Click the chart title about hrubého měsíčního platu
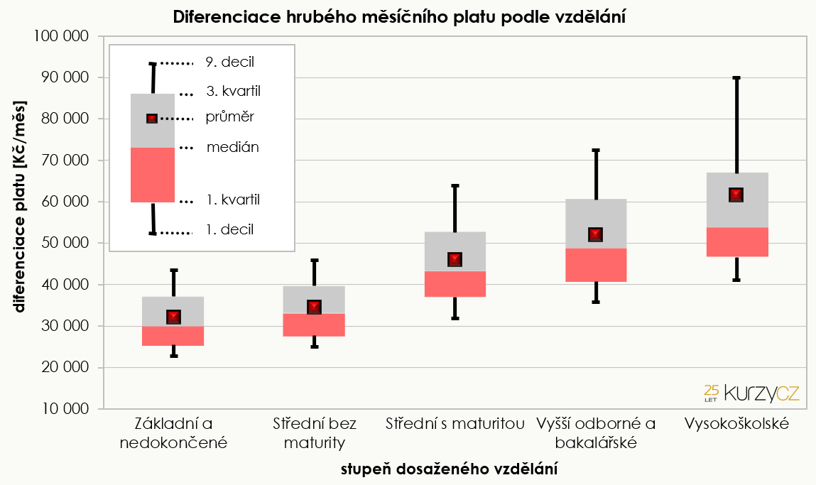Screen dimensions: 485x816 pyautogui.click(x=399, y=17)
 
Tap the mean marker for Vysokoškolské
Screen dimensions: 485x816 pyautogui.click(x=736, y=195)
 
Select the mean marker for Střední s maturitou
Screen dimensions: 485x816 pyautogui.click(x=455, y=259)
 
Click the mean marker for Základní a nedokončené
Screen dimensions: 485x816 pyautogui.click(x=173, y=317)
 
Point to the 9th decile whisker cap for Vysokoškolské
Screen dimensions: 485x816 pyautogui.click(x=736, y=77)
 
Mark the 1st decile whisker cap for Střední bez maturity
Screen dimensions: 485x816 pyautogui.click(x=314, y=347)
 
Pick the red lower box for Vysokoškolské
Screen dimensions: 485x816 pyautogui.click(x=736, y=242)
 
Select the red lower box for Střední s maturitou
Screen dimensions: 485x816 pyautogui.click(x=455, y=284)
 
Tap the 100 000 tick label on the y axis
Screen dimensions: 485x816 pyautogui.click(x=62, y=36)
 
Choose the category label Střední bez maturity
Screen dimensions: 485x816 pyautogui.click(x=314, y=433)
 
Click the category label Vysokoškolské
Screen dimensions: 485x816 pyautogui.click(x=736, y=424)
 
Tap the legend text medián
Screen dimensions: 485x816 pyautogui.click(x=233, y=148)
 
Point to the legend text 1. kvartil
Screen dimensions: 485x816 pyautogui.click(x=233, y=200)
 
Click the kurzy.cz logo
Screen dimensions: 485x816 pyautogui.click(x=751, y=392)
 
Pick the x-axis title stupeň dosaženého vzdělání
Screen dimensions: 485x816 pyautogui.click(x=449, y=469)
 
